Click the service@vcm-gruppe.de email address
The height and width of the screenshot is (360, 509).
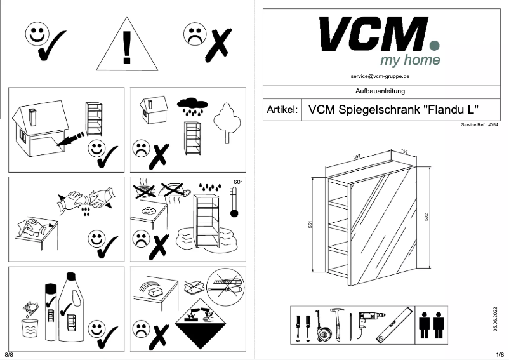coord(380,76)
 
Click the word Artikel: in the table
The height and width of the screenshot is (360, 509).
coord(282,109)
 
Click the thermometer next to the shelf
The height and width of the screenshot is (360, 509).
coord(235,204)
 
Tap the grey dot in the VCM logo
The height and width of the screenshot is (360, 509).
coord(434,45)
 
